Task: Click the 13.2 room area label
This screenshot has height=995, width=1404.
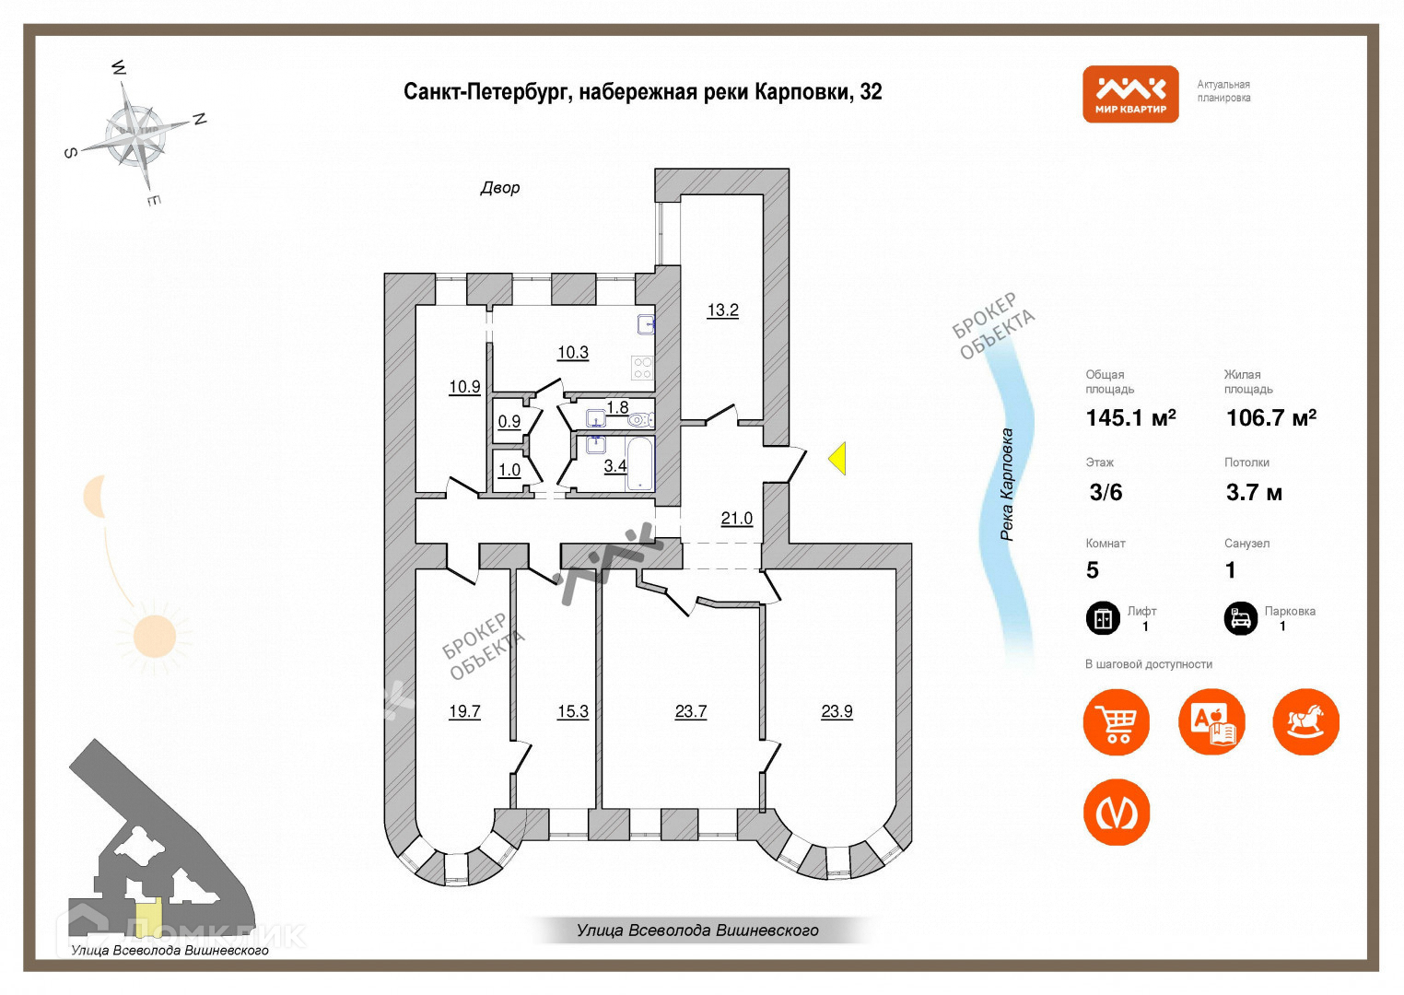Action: pyautogui.click(x=722, y=310)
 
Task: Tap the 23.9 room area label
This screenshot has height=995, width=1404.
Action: pyautogui.click(x=837, y=711)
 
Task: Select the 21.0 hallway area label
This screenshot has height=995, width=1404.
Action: pyautogui.click(x=736, y=519)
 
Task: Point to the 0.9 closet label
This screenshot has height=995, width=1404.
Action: pyautogui.click(x=509, y=422)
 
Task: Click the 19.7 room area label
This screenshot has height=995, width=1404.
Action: pyautogui.click(x=464, y=711)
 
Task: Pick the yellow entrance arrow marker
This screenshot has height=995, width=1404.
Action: pyautogui.click(x=837, y=458)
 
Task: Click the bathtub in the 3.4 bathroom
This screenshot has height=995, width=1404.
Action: pyautogui.click(x=640, y=464)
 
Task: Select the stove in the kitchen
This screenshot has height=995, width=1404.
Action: pyautogui.click(x=642, y=368)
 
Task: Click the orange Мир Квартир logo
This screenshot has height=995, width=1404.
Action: pyautogui.click(x=1130, y=94)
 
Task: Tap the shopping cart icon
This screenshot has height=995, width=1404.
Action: pyautogui.click(x=1117, y=721)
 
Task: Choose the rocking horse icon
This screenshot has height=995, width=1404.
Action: pyautogui.click(x=1305, y=721)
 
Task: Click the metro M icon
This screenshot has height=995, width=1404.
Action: pyautogui.click(x=1117, y=813)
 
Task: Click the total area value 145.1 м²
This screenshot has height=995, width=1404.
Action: pyautogui.click(x=1130, y=418)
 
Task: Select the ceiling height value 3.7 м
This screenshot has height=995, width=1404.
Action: pyautogui.click(x=1253, y=493)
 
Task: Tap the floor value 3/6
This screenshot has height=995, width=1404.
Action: pyautogui.click(x=1106, y=493)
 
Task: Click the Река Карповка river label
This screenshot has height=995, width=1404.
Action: pyautogui.click(x=1007, y=485)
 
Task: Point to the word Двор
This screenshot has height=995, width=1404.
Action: pyautogui.click(x=500, y=188)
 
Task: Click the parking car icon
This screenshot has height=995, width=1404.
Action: pyautogui.click(x=1241, y=618)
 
